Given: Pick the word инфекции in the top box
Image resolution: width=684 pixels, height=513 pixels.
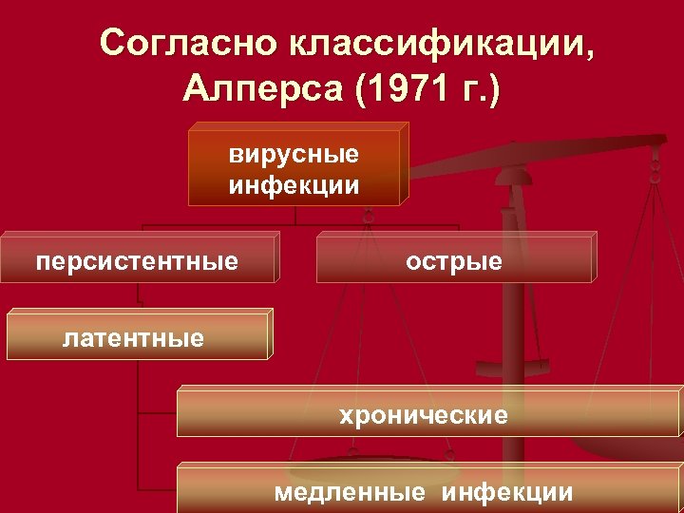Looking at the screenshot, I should pos(294,183).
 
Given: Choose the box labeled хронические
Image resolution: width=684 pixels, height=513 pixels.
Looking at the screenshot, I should pos(428,414).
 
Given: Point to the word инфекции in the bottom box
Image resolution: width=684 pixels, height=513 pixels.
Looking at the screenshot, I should pos(507,491).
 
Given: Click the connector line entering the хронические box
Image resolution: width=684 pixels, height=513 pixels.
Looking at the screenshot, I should pos(158,413).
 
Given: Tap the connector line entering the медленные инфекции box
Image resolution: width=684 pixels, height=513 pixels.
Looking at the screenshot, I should pos(158,489).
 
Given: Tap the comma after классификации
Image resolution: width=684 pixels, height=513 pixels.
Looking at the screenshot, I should pos(594,52).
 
